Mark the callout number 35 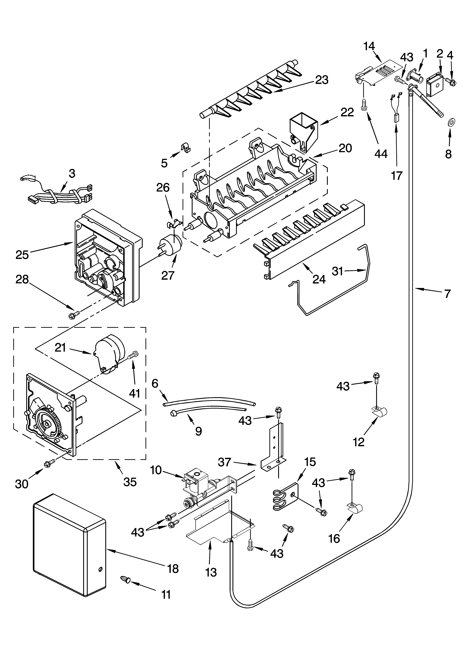click(130, 482)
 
